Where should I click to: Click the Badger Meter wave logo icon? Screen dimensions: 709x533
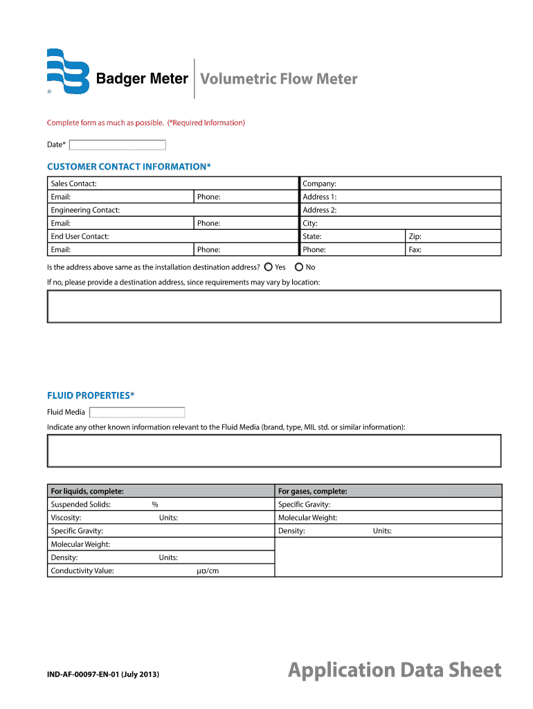pos(68,71)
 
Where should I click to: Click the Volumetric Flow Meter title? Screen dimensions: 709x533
pos(278,79)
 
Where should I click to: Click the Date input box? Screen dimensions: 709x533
pos(118,145)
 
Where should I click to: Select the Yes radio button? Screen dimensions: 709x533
pos(268,267)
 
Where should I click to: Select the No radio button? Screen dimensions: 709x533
pos(299,267)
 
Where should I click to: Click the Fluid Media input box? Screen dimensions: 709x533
pos(137,412)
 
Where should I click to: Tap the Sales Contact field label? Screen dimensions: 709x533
pos(73,183)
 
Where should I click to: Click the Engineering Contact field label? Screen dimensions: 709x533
pos(85,210)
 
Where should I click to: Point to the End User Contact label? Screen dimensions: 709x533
pos(80,236)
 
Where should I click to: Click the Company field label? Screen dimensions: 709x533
pos(319,183)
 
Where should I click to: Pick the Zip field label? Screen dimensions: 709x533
pos(415,236)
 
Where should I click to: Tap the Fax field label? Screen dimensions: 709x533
pos(415,249)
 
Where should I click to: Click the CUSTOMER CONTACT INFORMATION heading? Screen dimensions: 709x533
pos(128,167)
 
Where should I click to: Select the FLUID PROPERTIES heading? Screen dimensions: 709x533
pos(91,395)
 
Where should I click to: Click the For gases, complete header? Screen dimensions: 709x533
pos(312,491)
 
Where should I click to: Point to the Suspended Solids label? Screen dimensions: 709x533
pos(80,504)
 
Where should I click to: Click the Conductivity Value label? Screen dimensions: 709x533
pos(82,571)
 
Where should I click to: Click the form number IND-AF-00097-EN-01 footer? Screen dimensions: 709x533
pos(103,672)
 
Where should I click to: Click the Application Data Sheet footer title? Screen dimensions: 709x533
pos(395,670)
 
